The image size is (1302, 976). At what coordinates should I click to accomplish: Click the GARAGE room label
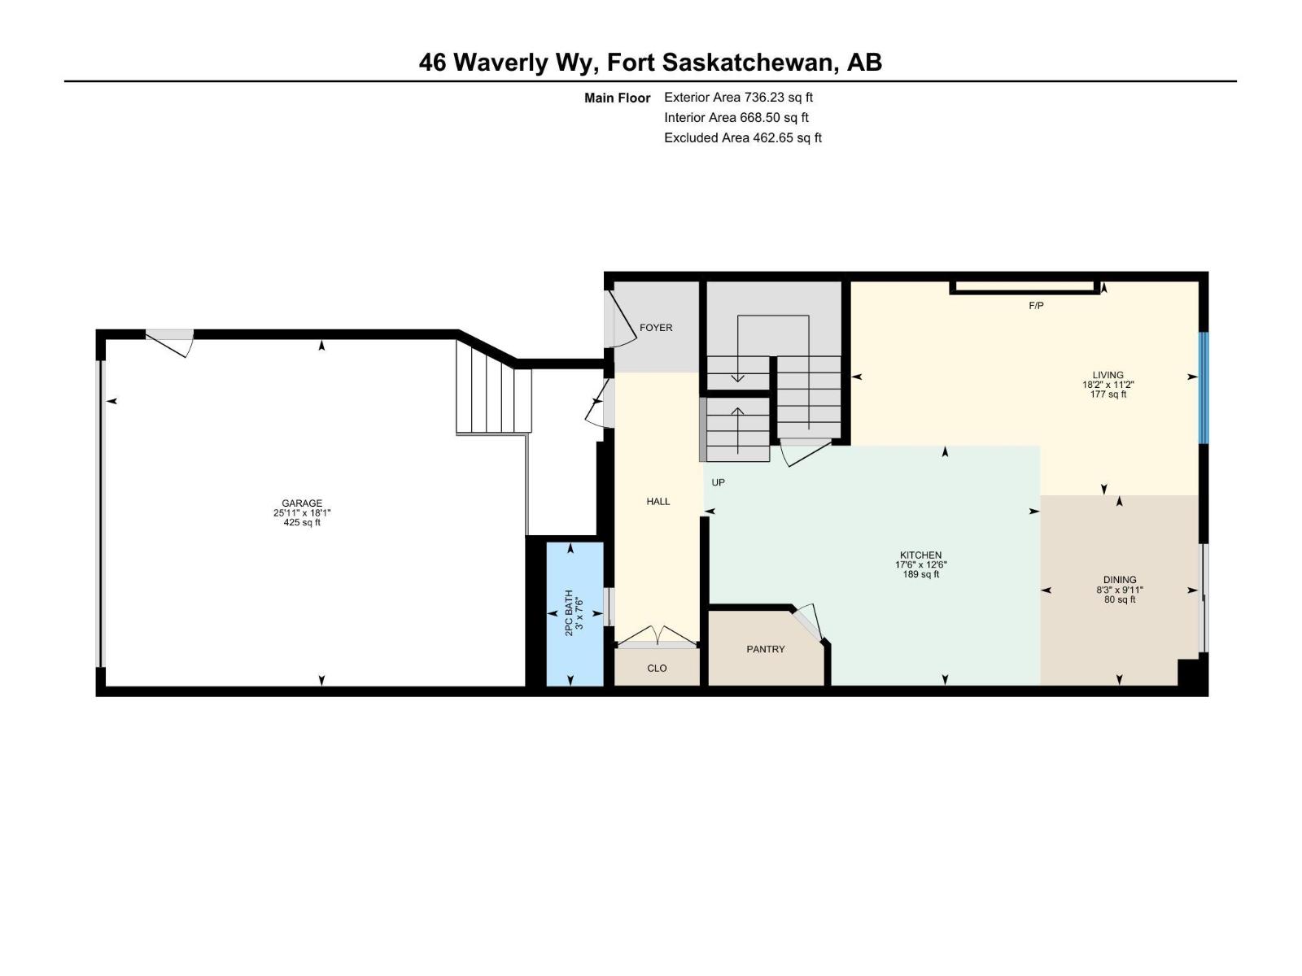(302, 503)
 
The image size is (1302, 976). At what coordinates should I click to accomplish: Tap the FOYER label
(656, 328)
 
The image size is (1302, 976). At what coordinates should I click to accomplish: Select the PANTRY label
(766, 649)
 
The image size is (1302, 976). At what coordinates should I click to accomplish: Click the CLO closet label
(657, 669)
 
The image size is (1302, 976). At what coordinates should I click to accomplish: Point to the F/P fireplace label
(1036, 306)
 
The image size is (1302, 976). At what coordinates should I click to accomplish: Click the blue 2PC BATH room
(575, 614)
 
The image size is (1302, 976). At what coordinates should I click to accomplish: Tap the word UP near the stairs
(718, 482)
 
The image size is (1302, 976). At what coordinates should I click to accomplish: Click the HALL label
(658, 502)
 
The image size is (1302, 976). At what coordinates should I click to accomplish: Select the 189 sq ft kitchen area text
(920, 574)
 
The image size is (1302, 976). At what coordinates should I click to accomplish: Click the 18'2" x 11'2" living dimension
(1108, 385)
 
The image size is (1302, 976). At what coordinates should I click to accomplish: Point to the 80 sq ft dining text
(1120, 599)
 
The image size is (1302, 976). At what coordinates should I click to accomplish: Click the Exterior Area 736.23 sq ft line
(738, 98)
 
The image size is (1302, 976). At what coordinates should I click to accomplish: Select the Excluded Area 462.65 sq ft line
(742, 138)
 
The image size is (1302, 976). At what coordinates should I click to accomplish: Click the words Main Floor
(617, 98)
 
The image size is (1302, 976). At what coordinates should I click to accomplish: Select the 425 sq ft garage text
(302, 523)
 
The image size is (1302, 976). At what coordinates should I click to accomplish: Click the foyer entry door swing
(623, 319)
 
